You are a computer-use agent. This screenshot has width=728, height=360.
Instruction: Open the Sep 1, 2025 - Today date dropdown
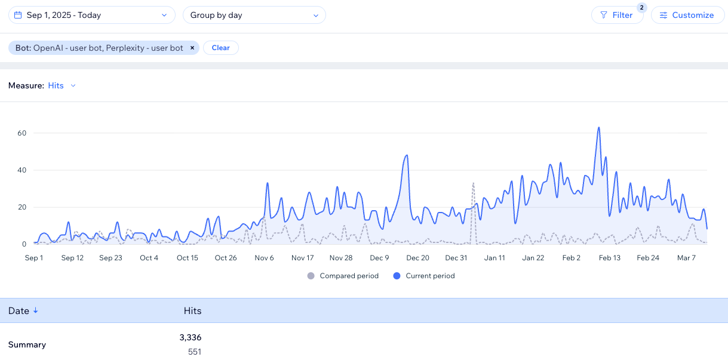[91, 15]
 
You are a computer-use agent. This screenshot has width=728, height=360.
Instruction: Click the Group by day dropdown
[254, 15]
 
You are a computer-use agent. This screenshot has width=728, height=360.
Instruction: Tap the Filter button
[617, 15]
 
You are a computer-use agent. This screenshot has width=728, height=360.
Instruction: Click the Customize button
[687, 15]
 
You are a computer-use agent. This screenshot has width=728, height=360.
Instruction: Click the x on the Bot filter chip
[192, 48]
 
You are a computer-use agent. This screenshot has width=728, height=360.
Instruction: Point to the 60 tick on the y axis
[21, 133]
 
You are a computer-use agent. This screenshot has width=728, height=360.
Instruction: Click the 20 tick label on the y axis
[21, 207]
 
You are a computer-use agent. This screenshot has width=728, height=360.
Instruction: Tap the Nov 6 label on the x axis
[264, 258]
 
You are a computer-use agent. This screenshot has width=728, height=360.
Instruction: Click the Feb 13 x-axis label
[609, 258]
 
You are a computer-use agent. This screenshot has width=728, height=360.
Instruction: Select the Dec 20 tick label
[417, 258]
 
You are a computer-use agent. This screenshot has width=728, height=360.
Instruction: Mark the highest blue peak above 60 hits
[598, 127]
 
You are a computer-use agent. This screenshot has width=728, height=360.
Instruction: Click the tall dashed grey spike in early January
[473, 183]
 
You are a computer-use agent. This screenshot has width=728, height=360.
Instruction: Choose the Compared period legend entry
[343, 276]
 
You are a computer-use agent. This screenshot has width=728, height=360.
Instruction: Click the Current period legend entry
[424, 276]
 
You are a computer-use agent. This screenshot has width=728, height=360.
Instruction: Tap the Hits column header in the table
[192, 311]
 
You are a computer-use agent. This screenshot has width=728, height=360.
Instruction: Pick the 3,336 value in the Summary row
[191, 337]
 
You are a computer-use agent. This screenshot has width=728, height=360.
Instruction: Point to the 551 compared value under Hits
[195, 352]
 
